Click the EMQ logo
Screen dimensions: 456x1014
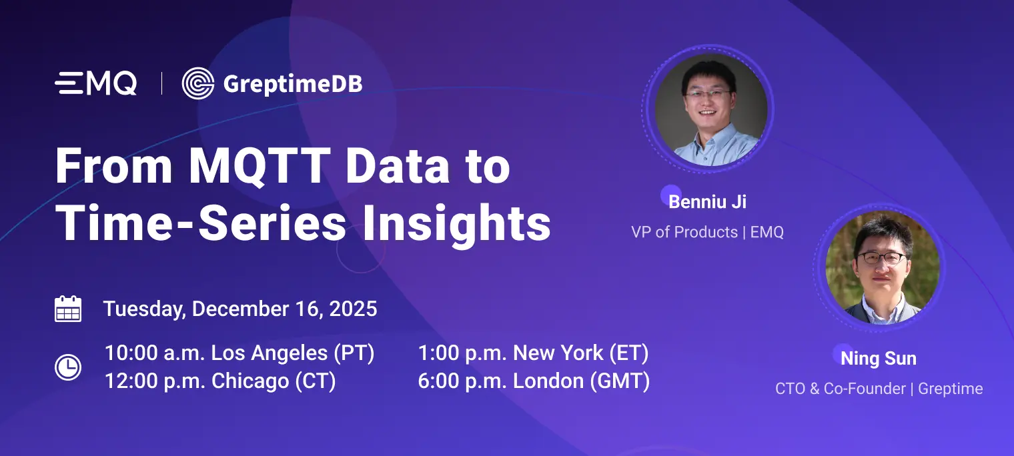[x=96, y=83]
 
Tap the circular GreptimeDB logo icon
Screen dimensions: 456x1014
[x=197, y=83]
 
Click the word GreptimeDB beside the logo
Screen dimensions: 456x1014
[x=292, y=84]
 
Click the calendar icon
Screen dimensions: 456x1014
[x=68, y=309]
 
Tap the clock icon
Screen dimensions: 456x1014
[x=68, y=367]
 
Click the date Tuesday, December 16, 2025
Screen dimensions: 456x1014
[x=240, y=309]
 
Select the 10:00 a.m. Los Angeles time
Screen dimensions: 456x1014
[x=239, y=353]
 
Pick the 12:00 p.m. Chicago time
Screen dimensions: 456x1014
[x=220, y=381]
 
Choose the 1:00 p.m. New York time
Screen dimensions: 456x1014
[x=533, y=353]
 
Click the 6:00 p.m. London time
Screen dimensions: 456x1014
[x=534, y=381]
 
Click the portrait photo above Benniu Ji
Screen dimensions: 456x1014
[x=707, y=109]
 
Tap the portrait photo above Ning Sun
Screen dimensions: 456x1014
[x=883, y=268]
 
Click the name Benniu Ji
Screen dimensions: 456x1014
[x=707, y=201]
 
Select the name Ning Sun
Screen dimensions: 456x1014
[x=879, y=359]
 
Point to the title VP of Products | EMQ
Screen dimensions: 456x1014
[x=707, y=232]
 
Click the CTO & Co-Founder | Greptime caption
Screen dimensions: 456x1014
[x=879, y=389]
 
